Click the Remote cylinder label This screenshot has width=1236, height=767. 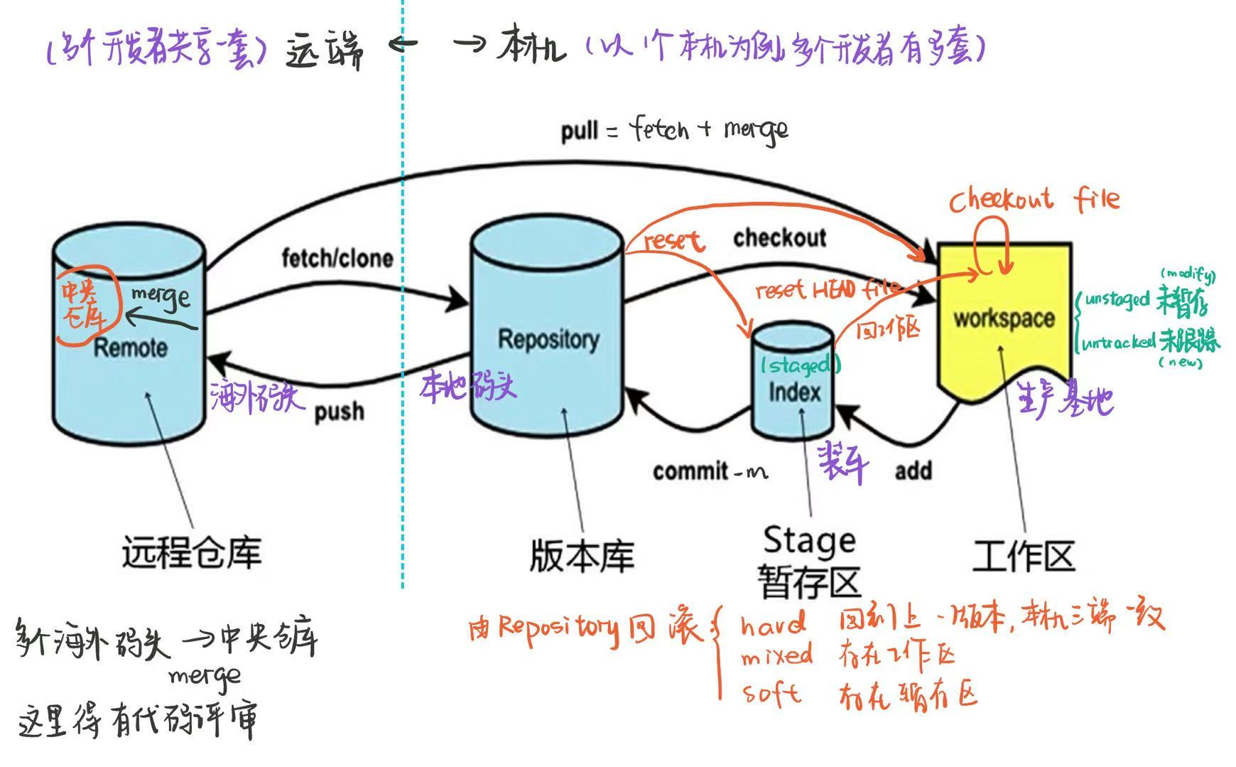131,348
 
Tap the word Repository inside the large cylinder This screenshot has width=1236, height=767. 548,339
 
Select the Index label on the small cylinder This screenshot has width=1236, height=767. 794,392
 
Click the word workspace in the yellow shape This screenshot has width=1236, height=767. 1004,318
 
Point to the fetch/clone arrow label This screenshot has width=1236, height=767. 337,258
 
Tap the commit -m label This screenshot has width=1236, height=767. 710,471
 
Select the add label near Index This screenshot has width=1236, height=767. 914,471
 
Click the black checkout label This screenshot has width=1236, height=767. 779,238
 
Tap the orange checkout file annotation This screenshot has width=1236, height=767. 1034,200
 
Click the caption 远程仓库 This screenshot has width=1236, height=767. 192,552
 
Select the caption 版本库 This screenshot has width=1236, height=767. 582,556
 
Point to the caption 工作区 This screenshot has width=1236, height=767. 1024,556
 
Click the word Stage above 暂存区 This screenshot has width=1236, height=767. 809,542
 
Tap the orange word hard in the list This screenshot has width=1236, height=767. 773,626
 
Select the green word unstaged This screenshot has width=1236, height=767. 1116,299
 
